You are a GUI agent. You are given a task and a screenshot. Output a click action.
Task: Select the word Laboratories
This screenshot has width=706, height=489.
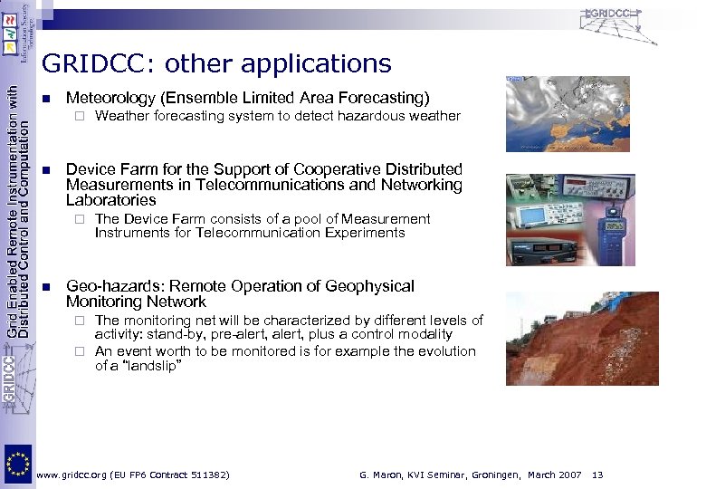point(110,200)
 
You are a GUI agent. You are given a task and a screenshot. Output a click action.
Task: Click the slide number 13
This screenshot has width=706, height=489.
point(596,475)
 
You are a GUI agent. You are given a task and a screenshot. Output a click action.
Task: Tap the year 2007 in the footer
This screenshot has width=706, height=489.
point(568,475)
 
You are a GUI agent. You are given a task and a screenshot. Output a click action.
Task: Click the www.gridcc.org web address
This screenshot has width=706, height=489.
point(75,475)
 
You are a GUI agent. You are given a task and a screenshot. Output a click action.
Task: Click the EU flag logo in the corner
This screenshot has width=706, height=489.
point(17,465)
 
